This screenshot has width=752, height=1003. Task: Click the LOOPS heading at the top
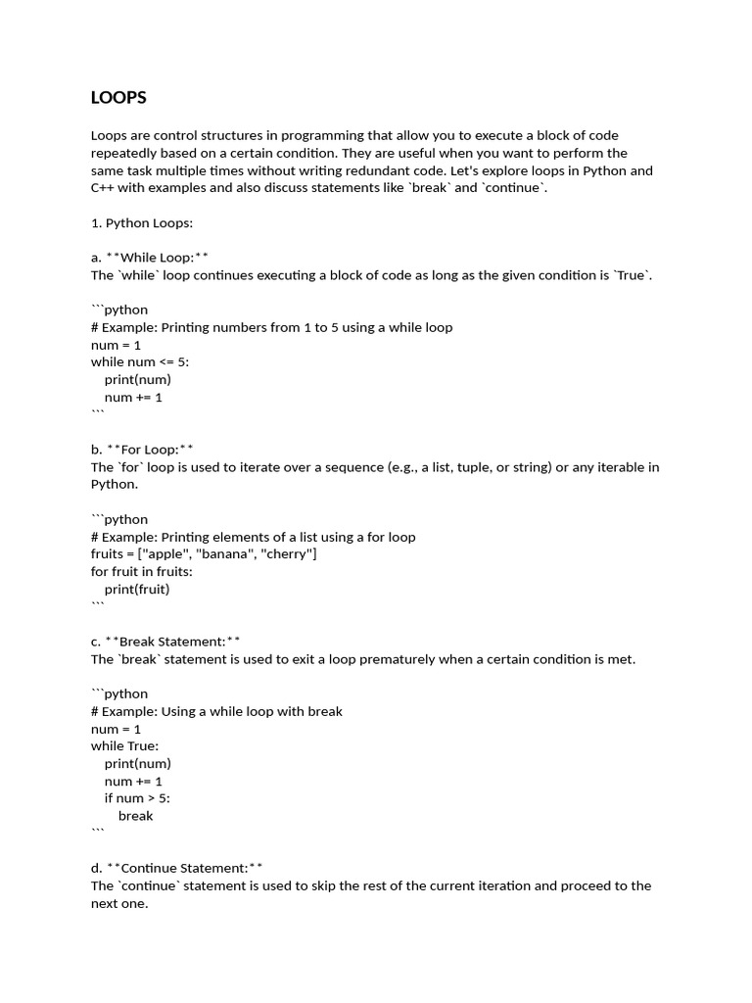[x=118, y=98]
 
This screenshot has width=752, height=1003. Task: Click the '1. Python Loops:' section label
[x=142, y=222]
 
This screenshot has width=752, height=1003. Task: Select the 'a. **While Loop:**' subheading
[x=150, y=258]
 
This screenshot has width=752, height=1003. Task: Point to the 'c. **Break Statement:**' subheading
[x=165, y=642]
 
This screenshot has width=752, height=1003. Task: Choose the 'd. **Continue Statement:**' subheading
[x=176, y=868]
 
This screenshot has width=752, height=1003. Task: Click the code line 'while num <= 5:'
[x=140, y=362]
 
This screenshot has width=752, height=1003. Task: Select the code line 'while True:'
[x=124, y=746]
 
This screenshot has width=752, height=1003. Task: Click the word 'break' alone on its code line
[x=135, y=816]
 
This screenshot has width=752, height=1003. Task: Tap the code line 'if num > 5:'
[x=137, y=798]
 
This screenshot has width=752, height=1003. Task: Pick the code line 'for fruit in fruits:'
[x=142, y=572]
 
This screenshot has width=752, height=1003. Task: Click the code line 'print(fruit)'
[x=137, y=590]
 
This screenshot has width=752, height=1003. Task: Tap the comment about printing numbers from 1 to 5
[x=271, y=327]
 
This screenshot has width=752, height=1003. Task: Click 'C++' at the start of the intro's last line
[x=104, y=188]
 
